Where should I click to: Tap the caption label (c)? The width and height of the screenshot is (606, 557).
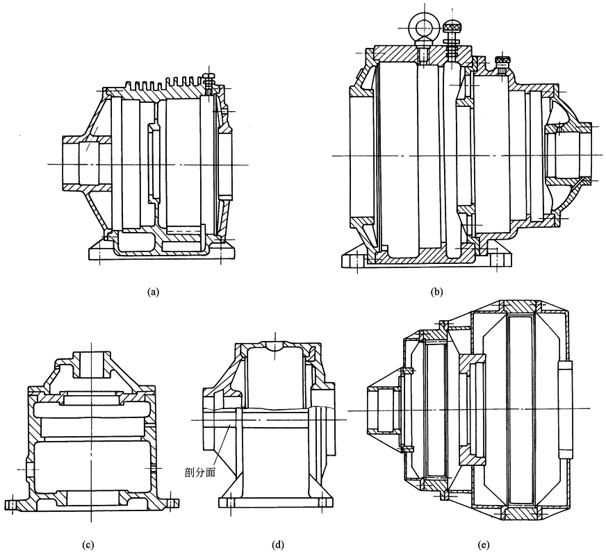click(88, 543)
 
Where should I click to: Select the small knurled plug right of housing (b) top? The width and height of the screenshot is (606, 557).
click(504, 64)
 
